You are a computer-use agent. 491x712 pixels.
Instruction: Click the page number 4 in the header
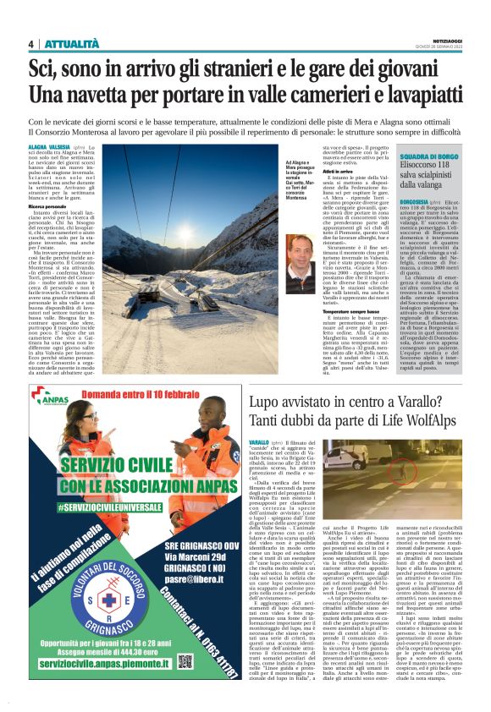[30, 44]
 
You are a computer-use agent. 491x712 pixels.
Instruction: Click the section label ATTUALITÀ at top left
[71, 44]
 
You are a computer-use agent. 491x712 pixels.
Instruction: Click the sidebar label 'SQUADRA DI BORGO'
[431, 157]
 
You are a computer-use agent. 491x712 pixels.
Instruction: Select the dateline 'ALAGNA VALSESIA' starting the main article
[48, 146]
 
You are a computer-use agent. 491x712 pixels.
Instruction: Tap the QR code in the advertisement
[187, 660]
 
